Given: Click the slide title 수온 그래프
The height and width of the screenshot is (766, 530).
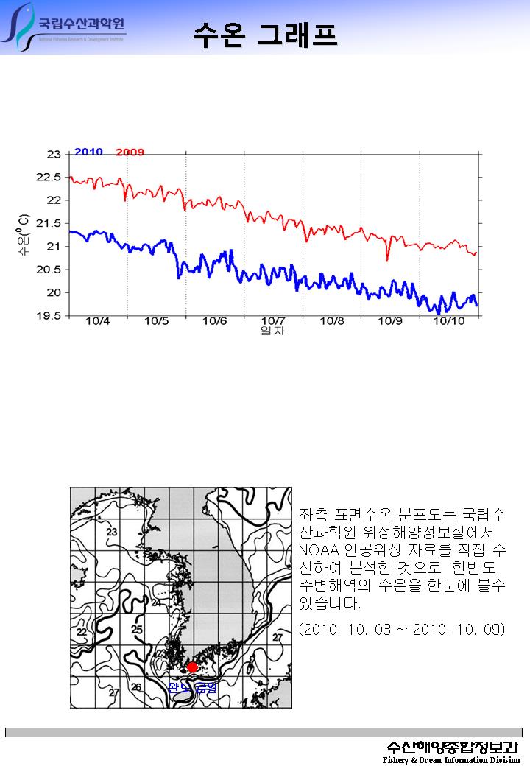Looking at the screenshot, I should pyautogui.click(x=265, y=33).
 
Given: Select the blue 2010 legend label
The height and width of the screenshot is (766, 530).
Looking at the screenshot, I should pyautogui.click(x=88, y=152).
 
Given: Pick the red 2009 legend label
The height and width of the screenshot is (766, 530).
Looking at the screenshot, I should pyautogui.click(x=130, y=152).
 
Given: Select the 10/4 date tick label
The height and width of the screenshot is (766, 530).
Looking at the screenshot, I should pyautogui.click(x=98, y=321).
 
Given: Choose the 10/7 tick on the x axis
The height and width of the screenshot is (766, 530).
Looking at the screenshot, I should pyautogui.click(x=273, y=321).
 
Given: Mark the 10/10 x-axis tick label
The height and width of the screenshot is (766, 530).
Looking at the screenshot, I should pyautogui.click(x=448, y=321).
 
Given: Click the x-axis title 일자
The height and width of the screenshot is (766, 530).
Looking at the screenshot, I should pyautogui.click(x=273, y=331).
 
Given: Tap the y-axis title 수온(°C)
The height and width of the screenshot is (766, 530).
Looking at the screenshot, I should pyautogui.click(x=24, y=235).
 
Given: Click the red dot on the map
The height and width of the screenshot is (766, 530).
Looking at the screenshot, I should pyautogui.click(x=192, y=667).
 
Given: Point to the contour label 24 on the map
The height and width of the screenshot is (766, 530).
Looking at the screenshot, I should pyautogui.click(x=156, y=602).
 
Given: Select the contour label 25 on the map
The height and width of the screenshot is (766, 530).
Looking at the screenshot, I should pyautogui.click(x=137, y=629).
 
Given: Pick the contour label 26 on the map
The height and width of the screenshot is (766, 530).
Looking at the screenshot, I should pyautogui.click(x=135, y=687).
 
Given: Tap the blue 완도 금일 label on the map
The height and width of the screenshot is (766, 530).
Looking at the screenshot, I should pyautogui.click(x=193, y=688).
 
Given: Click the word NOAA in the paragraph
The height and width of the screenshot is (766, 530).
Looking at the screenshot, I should pyautogui.click(x=314, y=551).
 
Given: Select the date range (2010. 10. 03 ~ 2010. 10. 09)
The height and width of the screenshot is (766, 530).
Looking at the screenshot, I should pyautogui.click(x=402, y=629).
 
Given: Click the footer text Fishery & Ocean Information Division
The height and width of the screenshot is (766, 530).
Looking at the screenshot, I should pyautogui.click(x=451, y=760).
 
